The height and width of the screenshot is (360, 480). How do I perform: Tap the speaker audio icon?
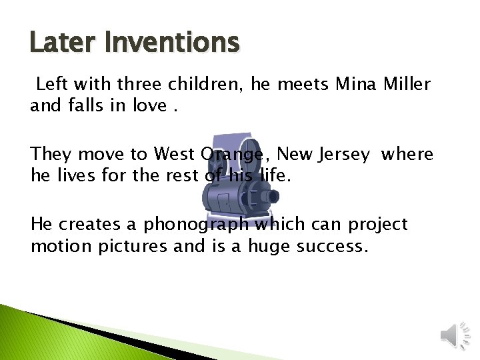[x=456, y=333]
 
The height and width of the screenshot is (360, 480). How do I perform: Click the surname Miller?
[x=407, y=85]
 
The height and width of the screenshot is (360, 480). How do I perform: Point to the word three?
[x=140, y=85]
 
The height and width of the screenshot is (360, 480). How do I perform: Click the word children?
[x=204, y=85]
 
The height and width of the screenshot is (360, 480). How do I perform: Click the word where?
[x=407, y=154]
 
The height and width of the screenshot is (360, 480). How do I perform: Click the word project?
[x=380, y=225]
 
